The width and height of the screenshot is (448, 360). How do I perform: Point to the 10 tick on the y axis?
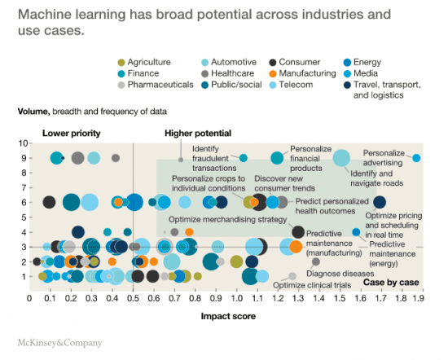pyautogui.click(x=24, y=143)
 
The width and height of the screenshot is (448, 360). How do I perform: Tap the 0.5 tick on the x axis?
pyautogui.click(x=133, y=298)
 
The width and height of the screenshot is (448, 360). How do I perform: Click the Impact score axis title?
pyautogui.click(x=226, y=313)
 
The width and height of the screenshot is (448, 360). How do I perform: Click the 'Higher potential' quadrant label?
pyautogui.click(x=198, y=133)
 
